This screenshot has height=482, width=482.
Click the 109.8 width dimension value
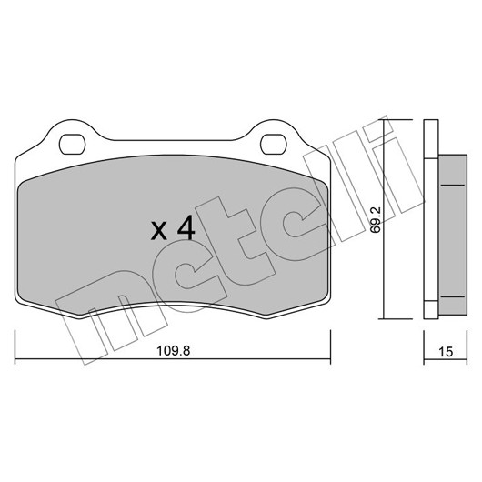point(174,350)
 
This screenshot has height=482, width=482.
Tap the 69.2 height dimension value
point(376,220)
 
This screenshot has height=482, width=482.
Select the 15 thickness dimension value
point(446,352)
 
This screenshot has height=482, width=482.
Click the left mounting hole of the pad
point(72,145)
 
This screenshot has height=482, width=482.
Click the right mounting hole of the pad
point(273,145)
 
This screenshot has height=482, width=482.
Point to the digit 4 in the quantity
point(186,227)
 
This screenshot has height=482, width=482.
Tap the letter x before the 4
point(159,231)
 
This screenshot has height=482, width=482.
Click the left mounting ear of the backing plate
point(72,136)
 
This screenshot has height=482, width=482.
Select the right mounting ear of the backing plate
point(274,136)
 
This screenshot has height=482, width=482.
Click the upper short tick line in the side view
point(453,185)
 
